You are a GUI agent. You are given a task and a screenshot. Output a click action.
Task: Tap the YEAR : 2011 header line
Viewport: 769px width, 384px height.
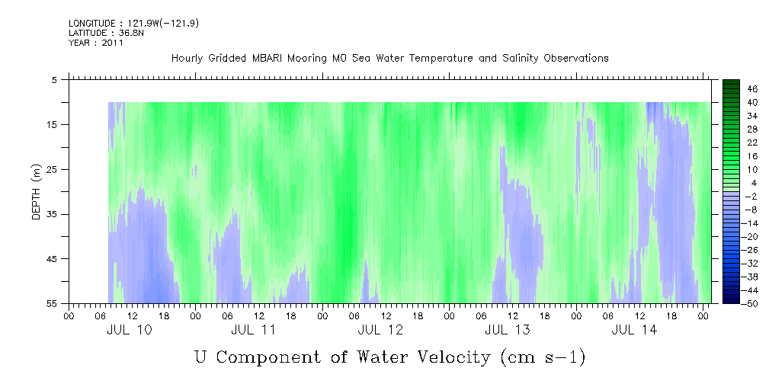96,43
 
